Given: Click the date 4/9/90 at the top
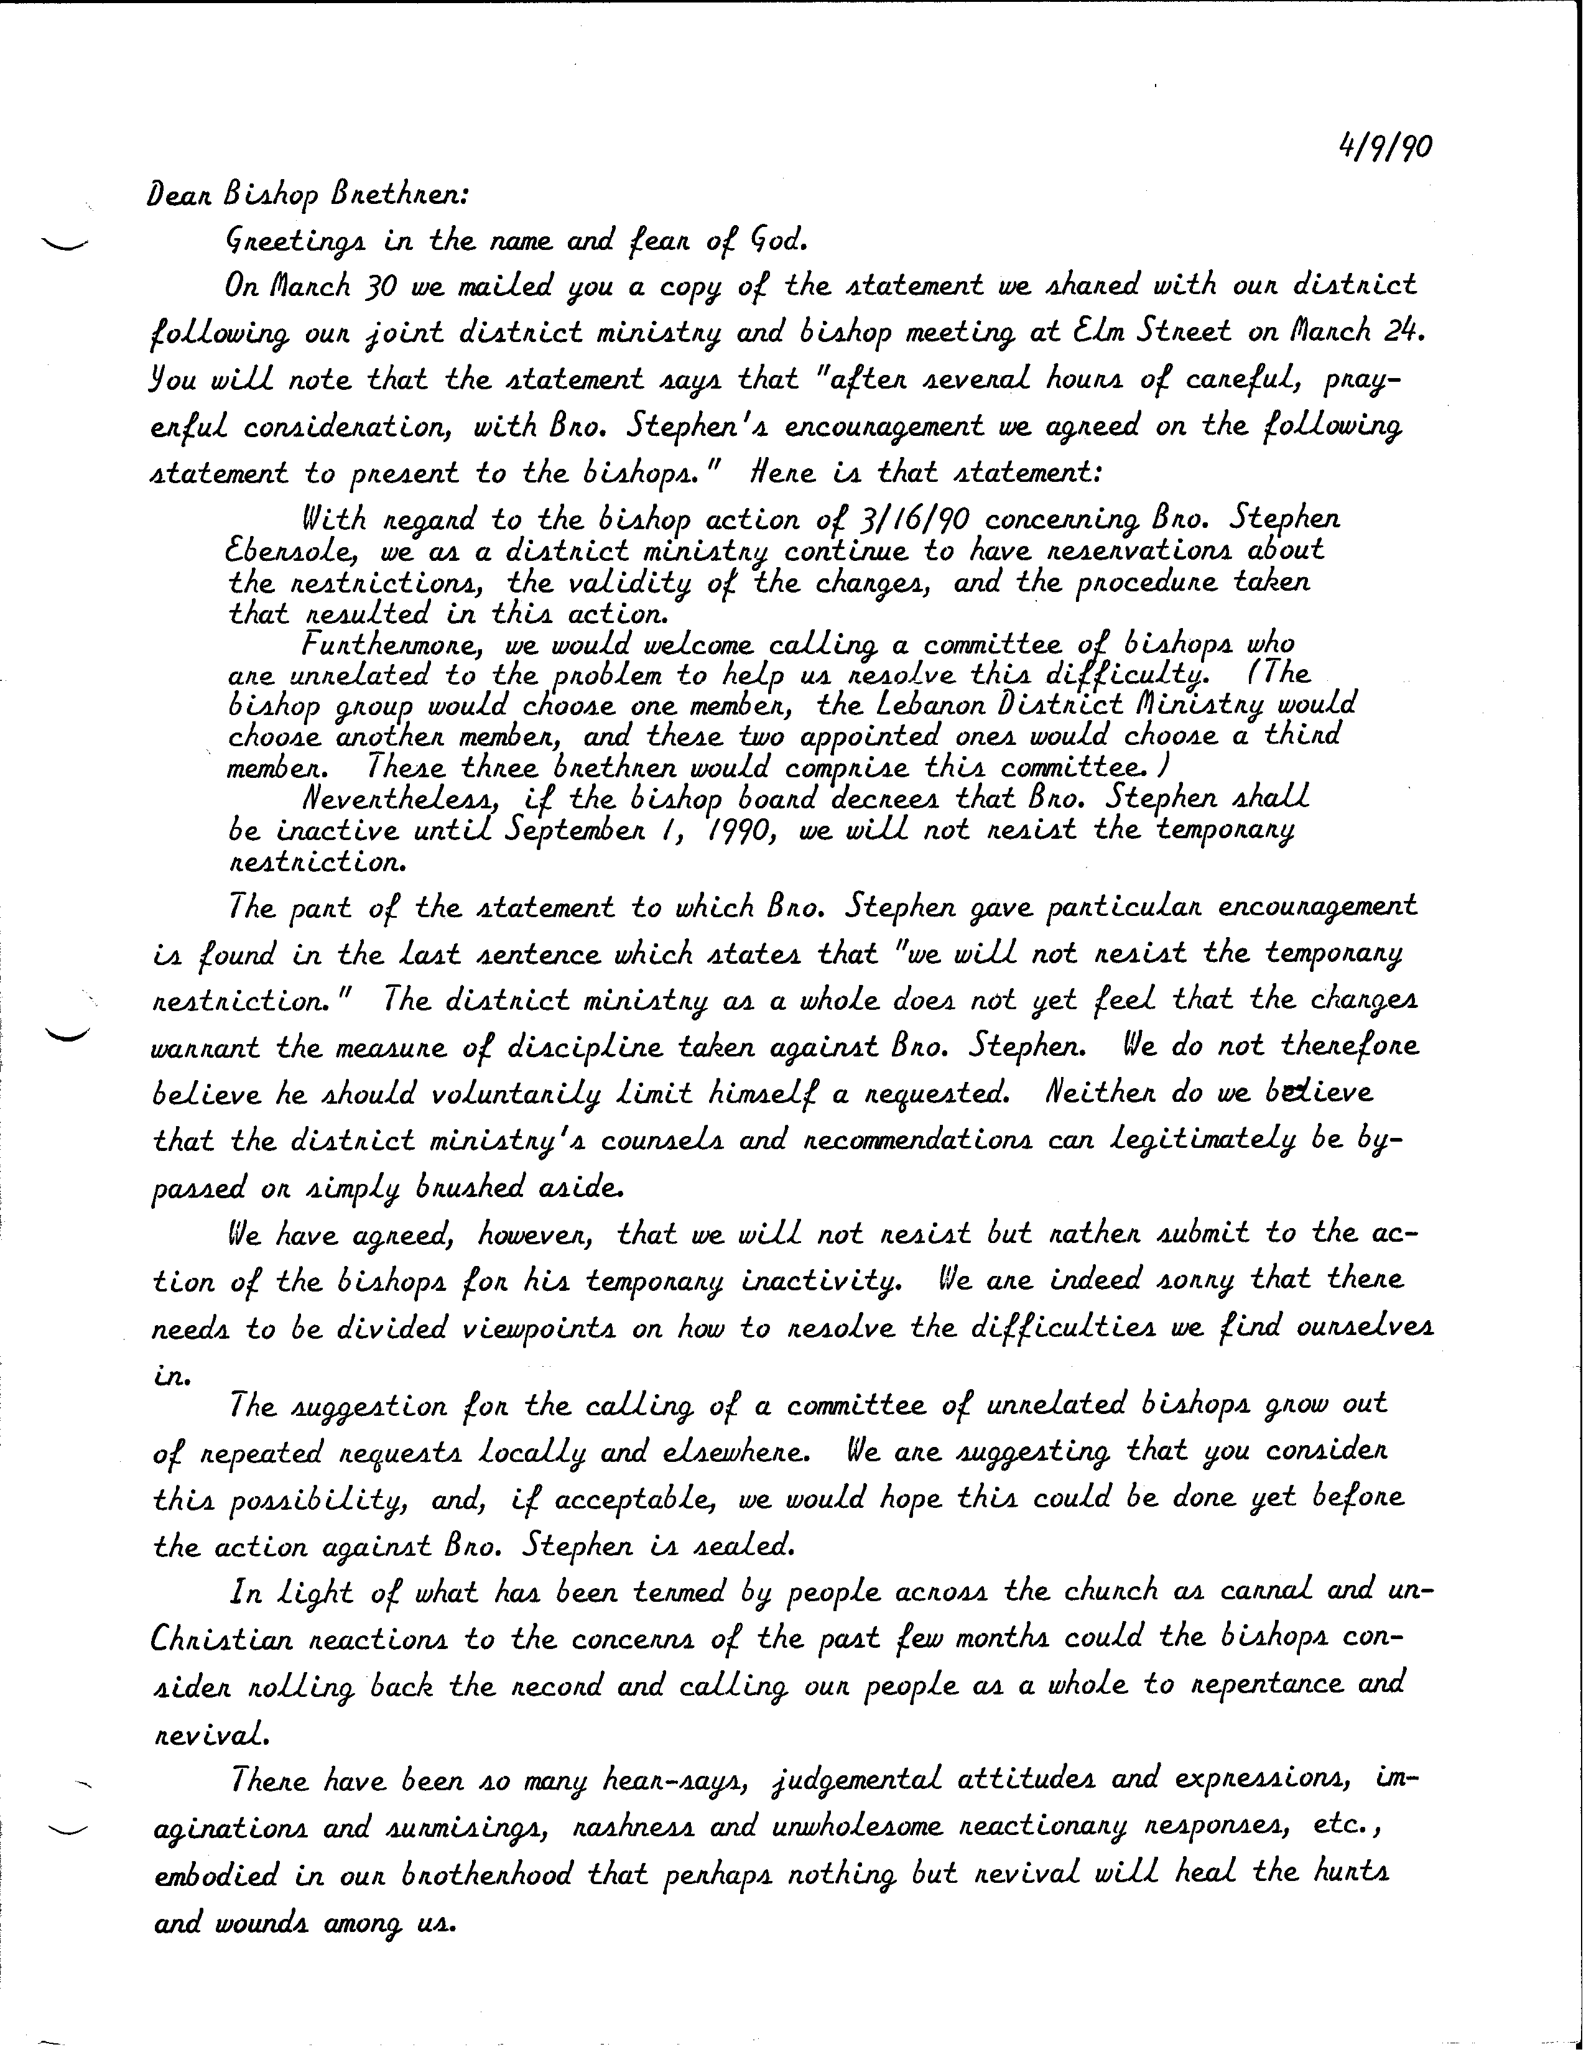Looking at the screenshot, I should [1383, 147].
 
